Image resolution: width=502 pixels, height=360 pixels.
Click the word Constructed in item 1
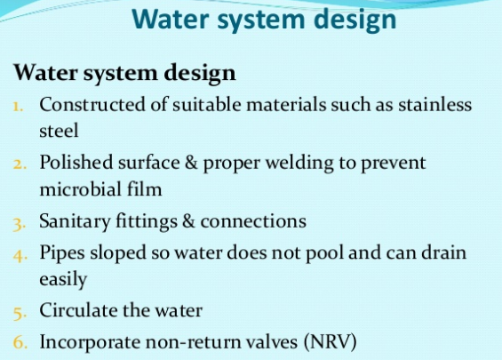click(x=92, y=104)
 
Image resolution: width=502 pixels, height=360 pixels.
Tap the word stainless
click(x=434, y=104)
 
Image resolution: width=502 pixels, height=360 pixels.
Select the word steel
click(x=59, y=131)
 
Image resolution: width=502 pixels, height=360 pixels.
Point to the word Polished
click(x=76, y=162)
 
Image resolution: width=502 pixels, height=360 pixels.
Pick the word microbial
click(x=80, y=188)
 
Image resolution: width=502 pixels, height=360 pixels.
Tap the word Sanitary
click(x=75, y=221)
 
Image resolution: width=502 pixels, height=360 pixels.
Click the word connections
click(x=253, y=221)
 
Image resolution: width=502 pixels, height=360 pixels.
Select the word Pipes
click(x=62, y=253)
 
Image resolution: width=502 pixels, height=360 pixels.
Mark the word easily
click(x=63, y=279)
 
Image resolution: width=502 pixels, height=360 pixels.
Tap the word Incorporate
click(x=90, y=342)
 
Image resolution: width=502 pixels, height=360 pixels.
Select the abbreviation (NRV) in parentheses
click(x=330, y=341)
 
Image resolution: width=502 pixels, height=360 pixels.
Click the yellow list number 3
click(x=19, y=224)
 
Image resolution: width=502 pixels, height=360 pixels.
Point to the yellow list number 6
click(x=20, y=342)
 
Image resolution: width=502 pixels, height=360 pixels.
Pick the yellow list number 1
click(x=18, y=106)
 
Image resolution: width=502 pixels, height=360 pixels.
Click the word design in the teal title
click(x=355, y=20)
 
